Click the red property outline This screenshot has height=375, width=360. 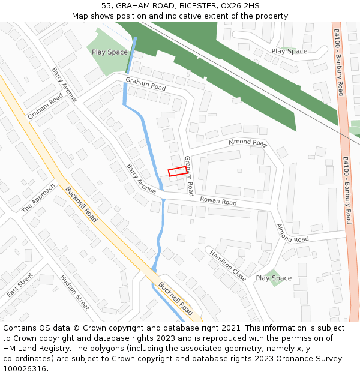tap(177, 172)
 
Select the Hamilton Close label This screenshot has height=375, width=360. tap(227, 266)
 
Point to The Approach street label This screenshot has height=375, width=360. tap(38, 198)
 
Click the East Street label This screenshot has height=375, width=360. tap(20, 286)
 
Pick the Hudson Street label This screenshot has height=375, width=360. tap(74, 292)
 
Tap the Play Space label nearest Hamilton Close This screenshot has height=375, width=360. tap(274, 278)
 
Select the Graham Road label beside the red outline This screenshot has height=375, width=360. tap(188, 176)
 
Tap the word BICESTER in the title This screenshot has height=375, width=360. tap(191, 5)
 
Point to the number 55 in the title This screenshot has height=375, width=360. tap(107, 5)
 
